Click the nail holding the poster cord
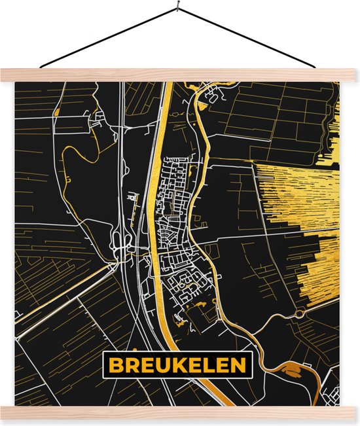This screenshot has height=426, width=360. [178, 8]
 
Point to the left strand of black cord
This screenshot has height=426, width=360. [108, 38]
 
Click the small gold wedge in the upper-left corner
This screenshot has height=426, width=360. [56, 112]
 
